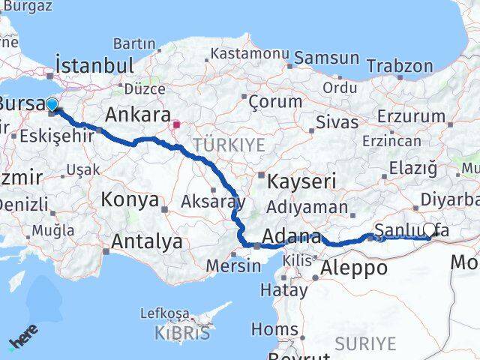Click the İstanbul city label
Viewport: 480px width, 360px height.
pyautogui.click(x=94, y=65)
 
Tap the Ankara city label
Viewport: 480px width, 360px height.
pyautogui.click(x=137, y=115)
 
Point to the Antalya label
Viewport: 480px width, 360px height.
pyautogui.click(x=147, y=241)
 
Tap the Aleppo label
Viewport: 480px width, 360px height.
pyautogui.click(x=353, y=268)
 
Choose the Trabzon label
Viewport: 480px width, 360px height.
pyautogui.click(x=400, y=65)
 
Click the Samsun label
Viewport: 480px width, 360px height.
pyautogui.click(x=326, y=58)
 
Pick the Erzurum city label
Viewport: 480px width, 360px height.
pyautogui.click(x=412, y=116)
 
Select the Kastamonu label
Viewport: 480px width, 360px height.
pyautogui.click(x=250, y=54)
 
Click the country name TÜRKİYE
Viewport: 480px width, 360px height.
pyautogui.click(x=229, y=144)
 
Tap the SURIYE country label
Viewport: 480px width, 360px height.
pyautogui.click(x=364, y=343)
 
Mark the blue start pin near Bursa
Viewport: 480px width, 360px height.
pyautogui.click(x=52, y=105)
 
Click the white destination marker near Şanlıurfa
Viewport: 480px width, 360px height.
pyautogui.click(x=430, y=229)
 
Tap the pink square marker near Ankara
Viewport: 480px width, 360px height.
pyautogui.click(x=177, y=125)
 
